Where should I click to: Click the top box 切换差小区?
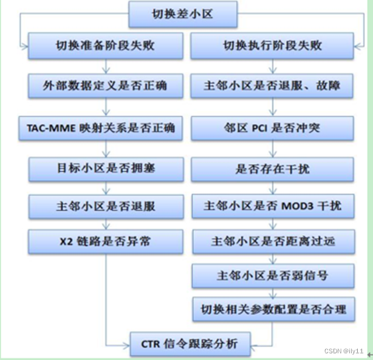182,13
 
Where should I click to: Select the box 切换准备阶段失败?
106,46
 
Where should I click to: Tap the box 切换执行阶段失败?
272,46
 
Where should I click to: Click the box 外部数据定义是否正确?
106,86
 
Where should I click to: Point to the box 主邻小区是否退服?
106,206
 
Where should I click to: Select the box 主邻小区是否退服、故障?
272,86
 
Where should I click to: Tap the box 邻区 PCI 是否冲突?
272,128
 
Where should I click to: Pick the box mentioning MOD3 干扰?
272,207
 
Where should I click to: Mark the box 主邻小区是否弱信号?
272,275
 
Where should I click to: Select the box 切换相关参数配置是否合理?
272,310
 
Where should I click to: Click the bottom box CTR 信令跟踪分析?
182,345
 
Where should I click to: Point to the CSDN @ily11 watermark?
344,351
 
